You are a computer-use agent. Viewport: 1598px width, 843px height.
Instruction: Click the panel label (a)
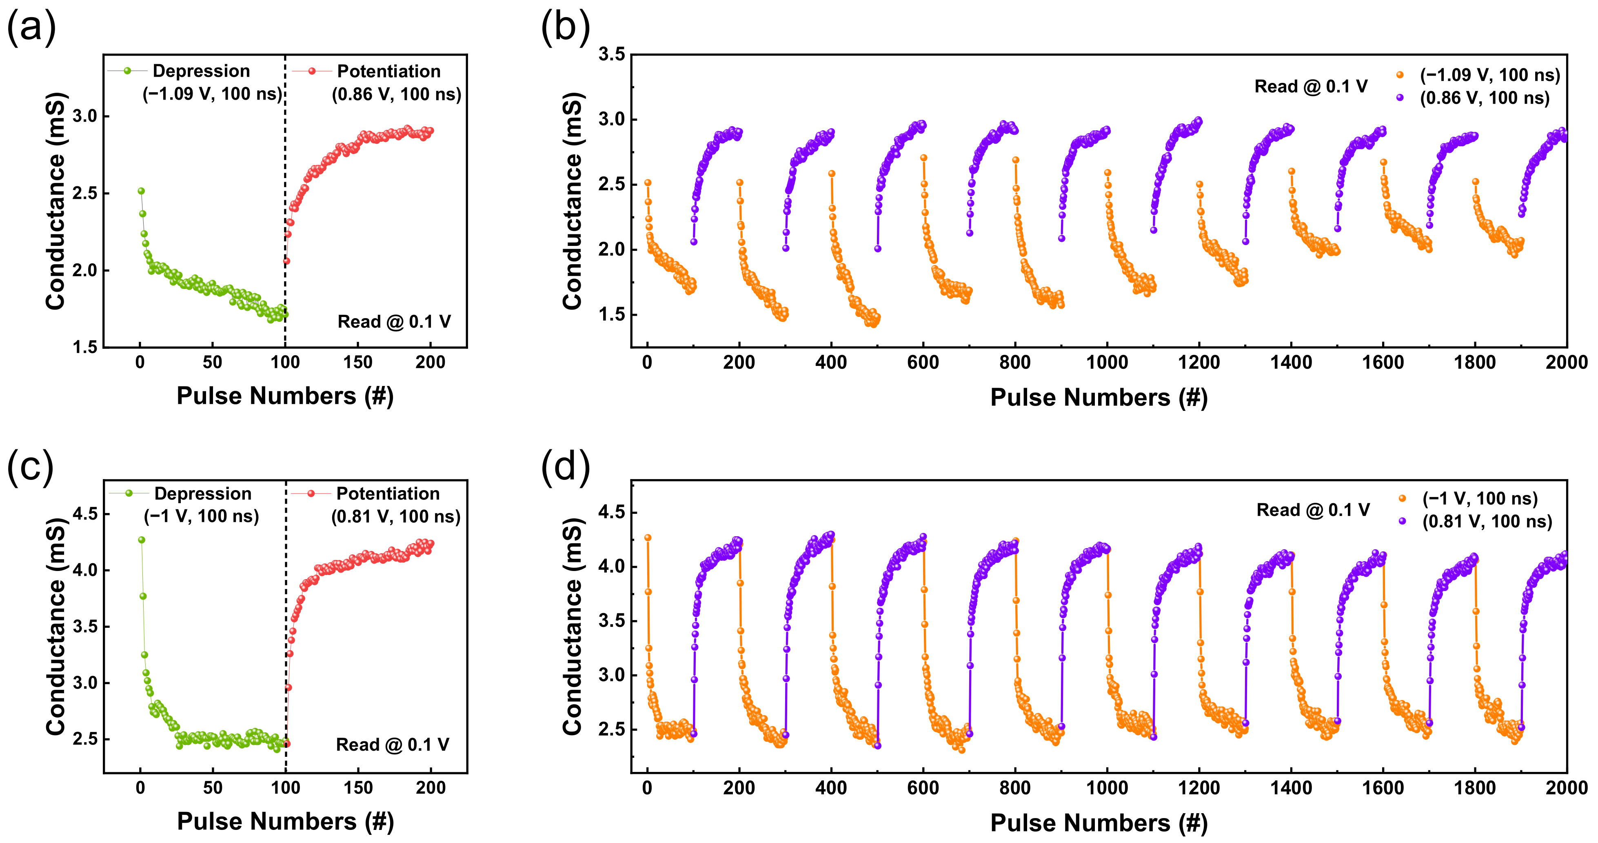31,28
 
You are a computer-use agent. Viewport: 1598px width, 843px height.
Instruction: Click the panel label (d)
565,466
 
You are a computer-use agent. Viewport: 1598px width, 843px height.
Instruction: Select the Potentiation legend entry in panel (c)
388,493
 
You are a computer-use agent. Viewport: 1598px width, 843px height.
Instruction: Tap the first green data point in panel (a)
141,191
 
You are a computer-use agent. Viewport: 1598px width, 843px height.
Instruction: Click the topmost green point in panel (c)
142,540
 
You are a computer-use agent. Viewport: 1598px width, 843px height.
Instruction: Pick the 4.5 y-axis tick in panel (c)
85,514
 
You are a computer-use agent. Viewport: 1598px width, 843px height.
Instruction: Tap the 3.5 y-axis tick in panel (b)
611,55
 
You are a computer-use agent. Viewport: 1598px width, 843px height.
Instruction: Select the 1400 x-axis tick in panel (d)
1291,788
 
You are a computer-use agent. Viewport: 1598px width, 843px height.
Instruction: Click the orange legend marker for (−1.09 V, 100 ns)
1400,75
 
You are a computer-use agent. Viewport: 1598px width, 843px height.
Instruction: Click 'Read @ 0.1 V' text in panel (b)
1310,86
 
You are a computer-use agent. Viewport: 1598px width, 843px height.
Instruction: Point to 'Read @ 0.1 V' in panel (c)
392,744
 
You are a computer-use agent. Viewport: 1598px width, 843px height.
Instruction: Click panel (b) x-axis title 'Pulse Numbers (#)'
1099,397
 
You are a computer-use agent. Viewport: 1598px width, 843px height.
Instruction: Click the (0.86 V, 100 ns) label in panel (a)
396,94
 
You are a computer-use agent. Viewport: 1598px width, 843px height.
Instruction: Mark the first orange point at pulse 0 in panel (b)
648,183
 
